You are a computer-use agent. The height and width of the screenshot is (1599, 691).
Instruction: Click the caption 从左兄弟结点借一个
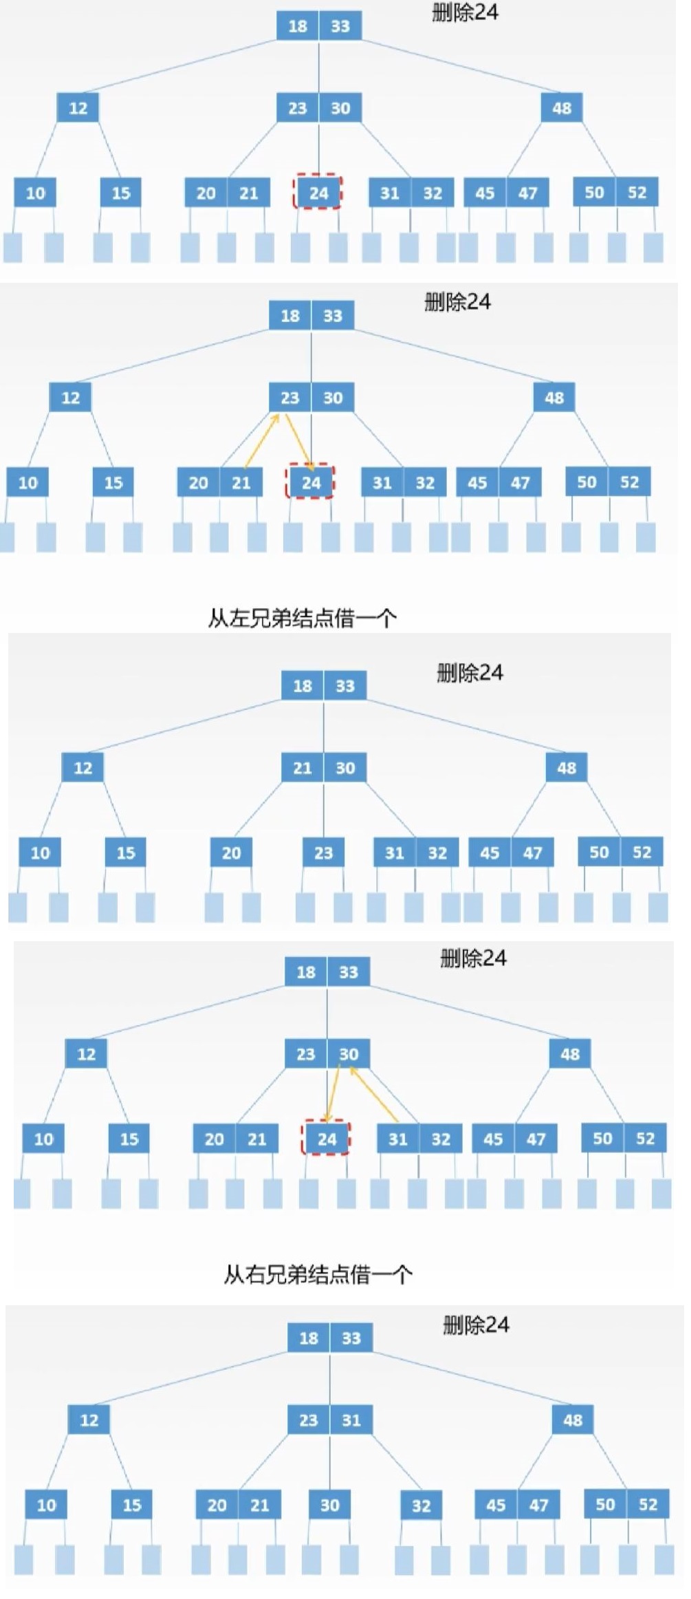[302, 618]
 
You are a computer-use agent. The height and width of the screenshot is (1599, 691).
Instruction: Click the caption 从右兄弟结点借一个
[318, 1275]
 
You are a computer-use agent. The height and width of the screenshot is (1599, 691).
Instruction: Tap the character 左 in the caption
[238, 618]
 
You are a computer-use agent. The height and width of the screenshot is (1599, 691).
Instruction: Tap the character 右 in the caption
[254, 1275]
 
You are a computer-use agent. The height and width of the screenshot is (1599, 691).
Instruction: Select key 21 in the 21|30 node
[303, 768]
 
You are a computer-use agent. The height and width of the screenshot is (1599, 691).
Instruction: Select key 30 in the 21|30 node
[345, 768]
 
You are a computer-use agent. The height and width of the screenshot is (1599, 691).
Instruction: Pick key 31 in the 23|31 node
[351, 1420]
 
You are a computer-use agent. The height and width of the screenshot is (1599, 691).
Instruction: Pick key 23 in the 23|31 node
[309, 1420]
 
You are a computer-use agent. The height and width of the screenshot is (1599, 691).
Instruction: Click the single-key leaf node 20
[231, 853]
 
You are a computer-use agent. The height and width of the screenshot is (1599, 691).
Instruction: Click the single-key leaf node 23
[323, 853]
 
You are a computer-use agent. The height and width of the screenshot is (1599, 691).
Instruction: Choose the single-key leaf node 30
[329, 1505]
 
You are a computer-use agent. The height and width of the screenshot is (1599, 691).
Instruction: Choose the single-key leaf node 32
[421, 1505]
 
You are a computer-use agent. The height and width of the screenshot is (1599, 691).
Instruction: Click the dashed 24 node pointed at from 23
[311, 482]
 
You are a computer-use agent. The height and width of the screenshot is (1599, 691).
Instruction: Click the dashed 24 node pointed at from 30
[327, 1139]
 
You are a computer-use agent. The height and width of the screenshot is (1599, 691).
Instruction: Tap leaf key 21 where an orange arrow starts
[241, 482]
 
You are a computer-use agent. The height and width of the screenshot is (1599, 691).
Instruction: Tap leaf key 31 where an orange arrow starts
[398, 1139]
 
